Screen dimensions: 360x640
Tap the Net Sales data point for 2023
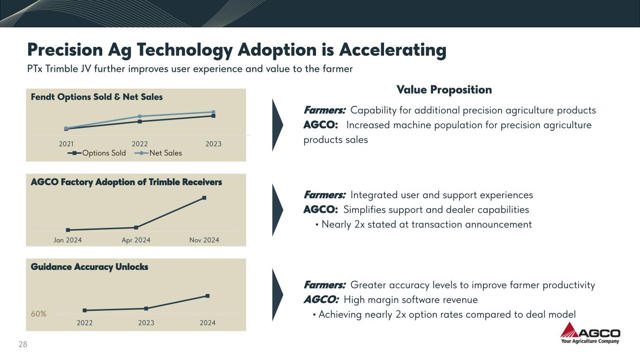(213, 112)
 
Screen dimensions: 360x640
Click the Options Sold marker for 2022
(140, 121)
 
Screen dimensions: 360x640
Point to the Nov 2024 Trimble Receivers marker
(204, 198)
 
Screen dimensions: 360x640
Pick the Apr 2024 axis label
(136, 240)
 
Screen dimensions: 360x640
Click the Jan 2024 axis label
(68, 240)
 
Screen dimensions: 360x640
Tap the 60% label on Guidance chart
(38, 314)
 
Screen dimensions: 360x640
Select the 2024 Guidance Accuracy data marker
(207, 296)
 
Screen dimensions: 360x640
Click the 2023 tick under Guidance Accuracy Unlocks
(146, 322)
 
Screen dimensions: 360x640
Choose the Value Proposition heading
(444, 90)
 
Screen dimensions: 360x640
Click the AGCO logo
(590, 334)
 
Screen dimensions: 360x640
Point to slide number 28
(23, 345)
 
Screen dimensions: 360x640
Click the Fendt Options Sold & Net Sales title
(97, 97)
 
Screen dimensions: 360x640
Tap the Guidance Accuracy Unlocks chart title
(89, 267)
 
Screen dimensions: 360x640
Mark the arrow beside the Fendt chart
(278, 125)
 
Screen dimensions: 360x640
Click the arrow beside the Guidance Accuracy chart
(278, 294)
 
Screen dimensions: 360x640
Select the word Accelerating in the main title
(392, 50)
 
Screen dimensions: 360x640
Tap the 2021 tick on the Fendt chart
(66, 144)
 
